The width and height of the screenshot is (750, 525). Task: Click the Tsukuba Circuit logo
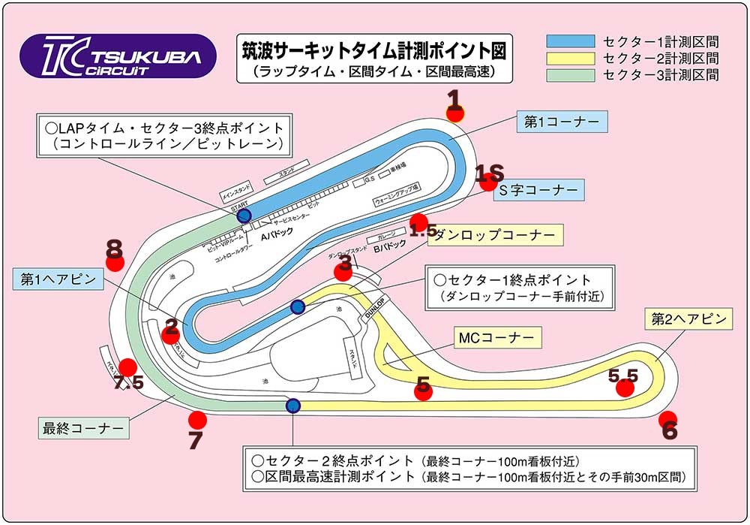118,56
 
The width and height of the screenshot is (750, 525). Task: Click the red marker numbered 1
455,112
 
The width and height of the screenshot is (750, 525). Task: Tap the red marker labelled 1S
490,181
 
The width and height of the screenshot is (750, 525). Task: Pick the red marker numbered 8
114,261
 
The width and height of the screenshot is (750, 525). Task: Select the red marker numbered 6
667,420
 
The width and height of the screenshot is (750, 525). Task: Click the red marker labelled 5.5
624,388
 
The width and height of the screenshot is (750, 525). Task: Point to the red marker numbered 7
197,420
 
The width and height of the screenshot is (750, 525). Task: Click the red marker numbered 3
343,272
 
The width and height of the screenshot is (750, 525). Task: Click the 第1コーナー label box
561,122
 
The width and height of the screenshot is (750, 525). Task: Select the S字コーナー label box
538,191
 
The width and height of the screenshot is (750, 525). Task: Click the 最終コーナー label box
83,428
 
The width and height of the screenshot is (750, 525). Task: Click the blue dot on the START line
244,216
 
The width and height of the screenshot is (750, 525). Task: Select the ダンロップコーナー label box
494,235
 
